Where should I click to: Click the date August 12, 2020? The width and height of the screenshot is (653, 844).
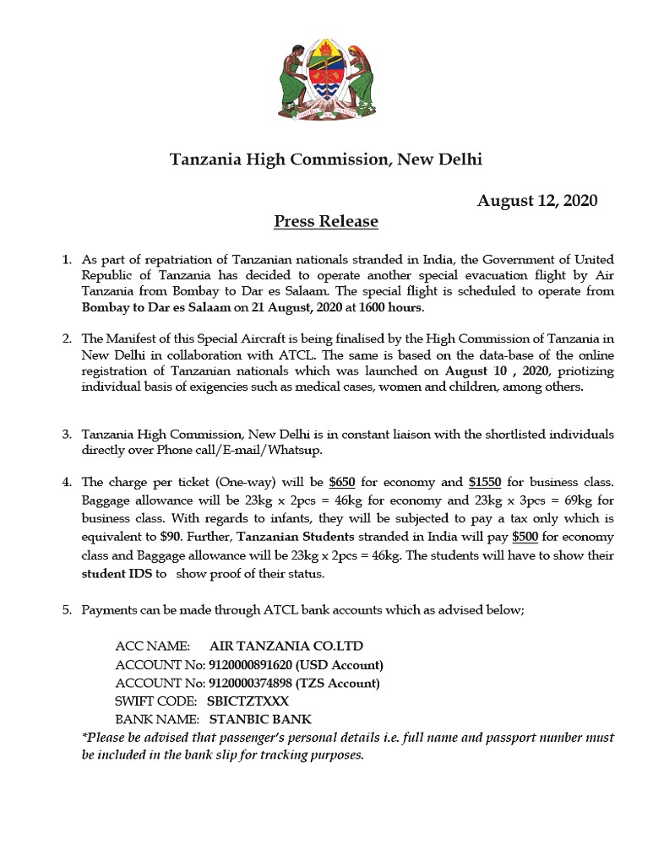pos(537,200)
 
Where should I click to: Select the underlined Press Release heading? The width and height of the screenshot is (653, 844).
pos(326,222)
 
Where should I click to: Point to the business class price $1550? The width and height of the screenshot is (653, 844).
pos(484,483)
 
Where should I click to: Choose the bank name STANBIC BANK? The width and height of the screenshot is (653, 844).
pos(260,720)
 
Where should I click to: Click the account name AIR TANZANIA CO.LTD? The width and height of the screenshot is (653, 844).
pos(286,647)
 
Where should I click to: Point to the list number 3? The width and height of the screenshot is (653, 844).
pos(67,435)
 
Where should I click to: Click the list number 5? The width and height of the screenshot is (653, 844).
pos(67,609)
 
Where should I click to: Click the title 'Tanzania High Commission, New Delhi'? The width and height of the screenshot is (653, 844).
pos(326,159)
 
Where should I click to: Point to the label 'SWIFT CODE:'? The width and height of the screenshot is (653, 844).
pos(155,701)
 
